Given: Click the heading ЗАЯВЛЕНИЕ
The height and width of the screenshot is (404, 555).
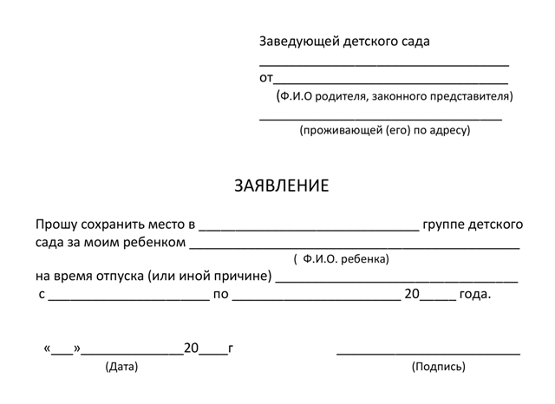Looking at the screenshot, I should pyautogui.click(x=282, y=186).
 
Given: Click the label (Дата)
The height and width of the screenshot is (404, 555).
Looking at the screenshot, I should pyautogui.click(x=121, y=367).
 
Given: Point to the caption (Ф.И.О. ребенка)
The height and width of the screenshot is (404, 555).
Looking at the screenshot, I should pyautogui.click(x=342, y=259).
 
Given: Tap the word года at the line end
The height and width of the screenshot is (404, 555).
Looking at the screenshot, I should pyautogui.click(x=474, y=295).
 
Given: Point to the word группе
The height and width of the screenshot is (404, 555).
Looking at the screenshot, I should pyautogui.click(x=445, y=225).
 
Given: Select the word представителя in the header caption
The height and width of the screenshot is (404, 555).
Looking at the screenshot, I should pyautogui.click(x=473, y=96).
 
